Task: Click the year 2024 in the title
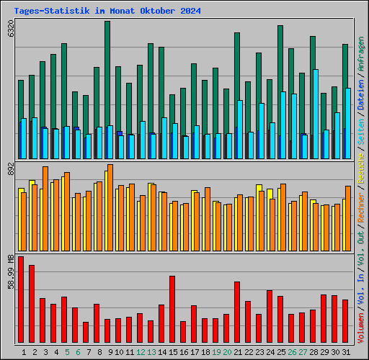pyautogui.click(x=190, y=12)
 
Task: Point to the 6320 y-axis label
pyautogui.click(x=10, y=31)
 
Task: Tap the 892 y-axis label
pyautogui.click(x=10, y=170)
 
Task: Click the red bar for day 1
pyautogui.click(x=21, y=300)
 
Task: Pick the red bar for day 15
pyautogui.click(x=172, y=309)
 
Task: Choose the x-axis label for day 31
pyautogui.click(x=345, y=352)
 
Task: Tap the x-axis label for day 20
pyautogui.click(x=226, y=352)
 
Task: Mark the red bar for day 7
pyautogui.click(x=86, y=332)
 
